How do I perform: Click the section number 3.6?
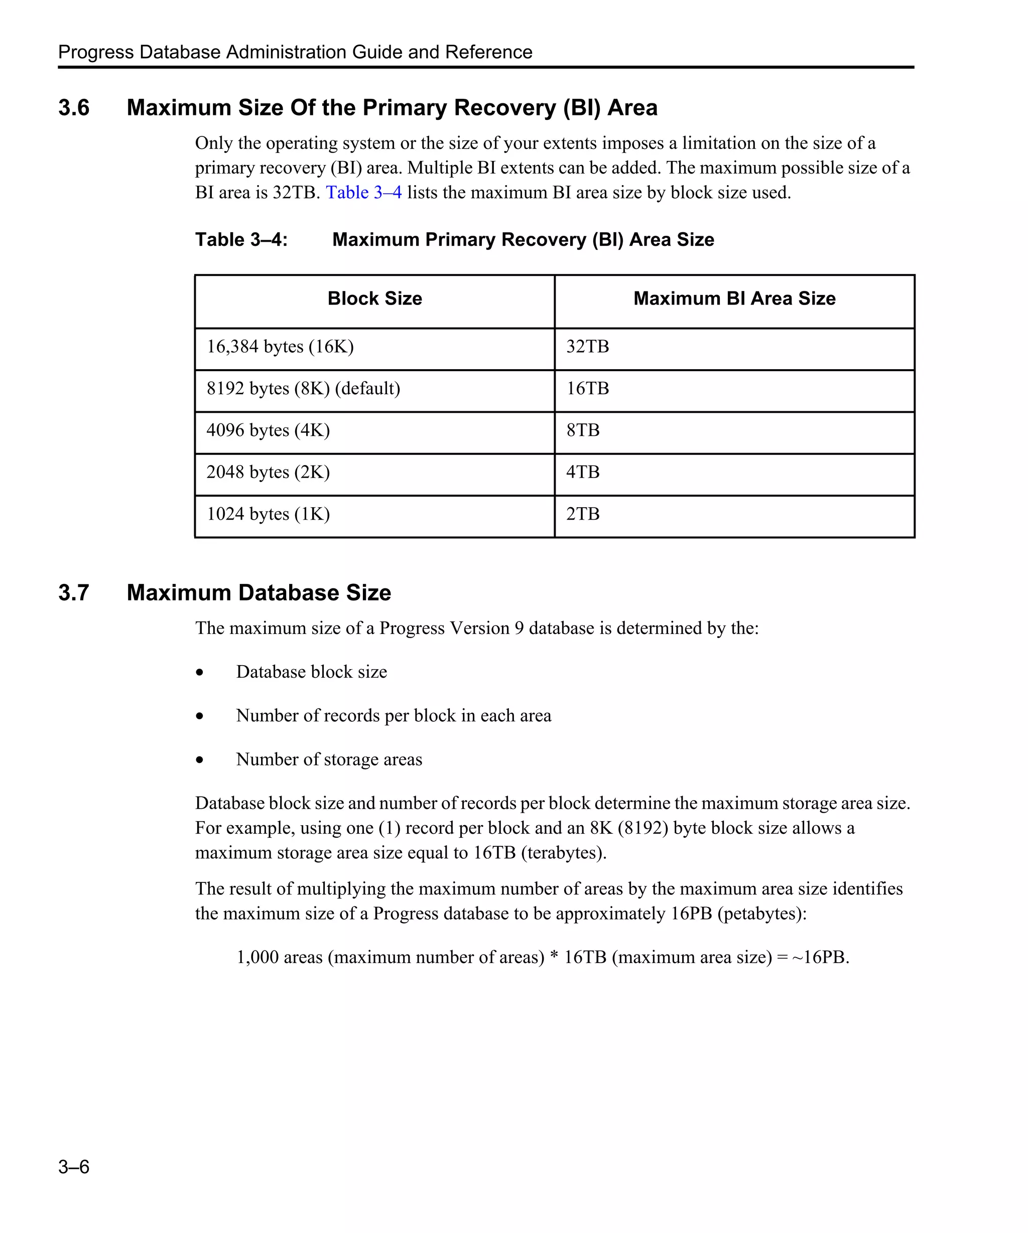tap(73, 108)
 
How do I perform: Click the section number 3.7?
tap(73, 593)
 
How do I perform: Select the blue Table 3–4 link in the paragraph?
tap(363, 193)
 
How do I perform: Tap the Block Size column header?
tap(375, 299)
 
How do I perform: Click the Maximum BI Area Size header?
tap(734, 299)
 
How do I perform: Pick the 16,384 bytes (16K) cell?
tap(280, 347)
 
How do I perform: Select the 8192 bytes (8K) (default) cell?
tap(303, 389)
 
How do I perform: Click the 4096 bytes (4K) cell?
tap(268, 430)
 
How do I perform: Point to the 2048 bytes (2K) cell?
tap(268, 472)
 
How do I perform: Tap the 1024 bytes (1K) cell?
tap(268, 514)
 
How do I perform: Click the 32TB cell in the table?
tap(587, 347)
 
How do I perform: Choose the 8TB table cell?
tap(583, 430)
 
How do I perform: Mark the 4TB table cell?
tap(583, 472)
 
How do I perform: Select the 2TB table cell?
tap(583, 514)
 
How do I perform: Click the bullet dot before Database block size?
tap(200, 672)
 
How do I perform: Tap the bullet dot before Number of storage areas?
tap(200, 760)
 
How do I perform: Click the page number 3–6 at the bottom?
tap(73, 1167)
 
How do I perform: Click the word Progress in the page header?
tap(96, 52)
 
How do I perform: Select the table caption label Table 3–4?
tap(241, 240)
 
